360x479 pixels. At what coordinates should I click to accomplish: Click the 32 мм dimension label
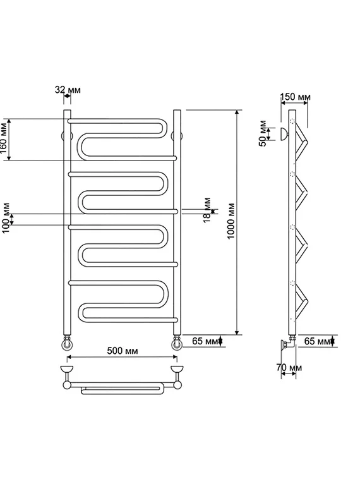click(x=68, y=90)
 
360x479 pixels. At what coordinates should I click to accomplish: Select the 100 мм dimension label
click(x=6, y=218)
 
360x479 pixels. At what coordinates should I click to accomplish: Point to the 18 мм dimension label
click(x=207, y=210)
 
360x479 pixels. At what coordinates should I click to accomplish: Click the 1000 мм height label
click(x=231, y=221)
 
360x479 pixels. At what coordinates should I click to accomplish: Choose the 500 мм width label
click(x=123, y=351)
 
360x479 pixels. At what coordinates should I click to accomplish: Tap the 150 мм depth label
click(x=296, y=97)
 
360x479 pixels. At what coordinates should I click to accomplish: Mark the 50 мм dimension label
click(x=263, y=133)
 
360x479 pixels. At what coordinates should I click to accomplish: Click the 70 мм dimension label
click(x=289, y=367)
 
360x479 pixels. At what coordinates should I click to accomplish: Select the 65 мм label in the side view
click(x=317, y=341)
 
